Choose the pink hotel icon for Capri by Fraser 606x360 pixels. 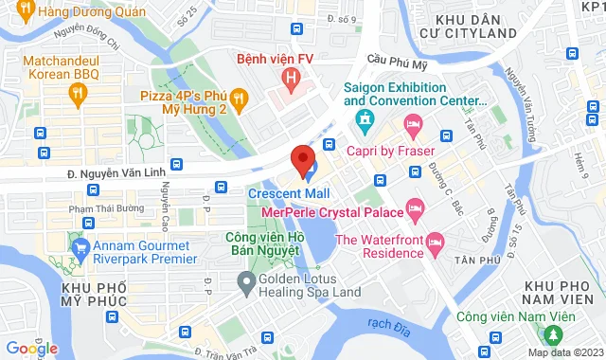414,124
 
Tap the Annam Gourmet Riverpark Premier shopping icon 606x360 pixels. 80,250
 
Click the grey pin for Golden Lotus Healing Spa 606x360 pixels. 247,280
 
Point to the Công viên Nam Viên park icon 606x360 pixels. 549,334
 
